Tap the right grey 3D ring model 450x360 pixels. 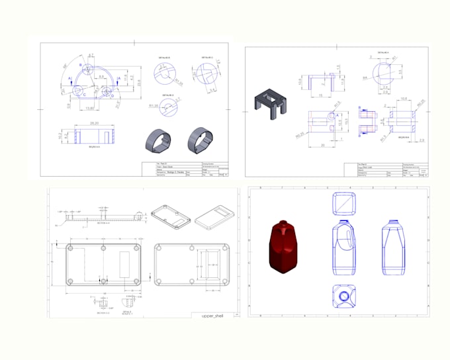coord(201,139)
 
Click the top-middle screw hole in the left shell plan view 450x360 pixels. coord(103,248)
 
